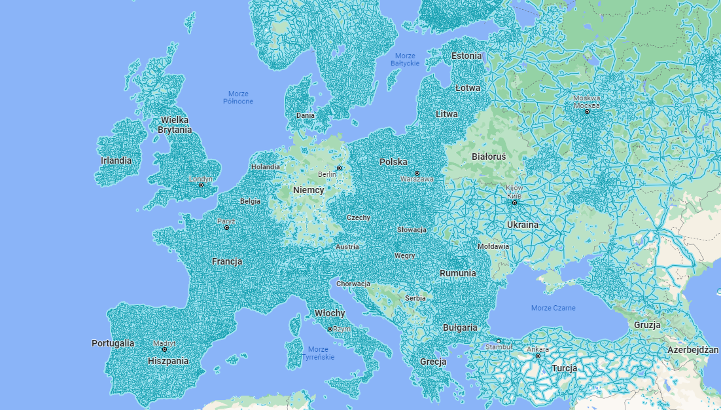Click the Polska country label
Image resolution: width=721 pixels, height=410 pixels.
[393, 162]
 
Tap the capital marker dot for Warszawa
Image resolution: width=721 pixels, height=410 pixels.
[417, 173]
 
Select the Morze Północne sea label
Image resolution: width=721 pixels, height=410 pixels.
[238, 98]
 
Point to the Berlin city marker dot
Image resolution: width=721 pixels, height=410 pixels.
[339, 168]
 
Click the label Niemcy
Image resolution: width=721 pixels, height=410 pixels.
[308, 190]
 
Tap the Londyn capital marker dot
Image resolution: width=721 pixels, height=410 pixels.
[201, 185]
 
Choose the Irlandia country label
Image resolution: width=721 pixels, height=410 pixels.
[116, 160]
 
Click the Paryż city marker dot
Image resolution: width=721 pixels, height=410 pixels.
[226, 227]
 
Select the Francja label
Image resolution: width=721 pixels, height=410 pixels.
[227, 261]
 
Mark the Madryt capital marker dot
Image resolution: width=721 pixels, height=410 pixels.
[164, 349]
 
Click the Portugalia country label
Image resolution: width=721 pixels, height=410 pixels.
[113, 343]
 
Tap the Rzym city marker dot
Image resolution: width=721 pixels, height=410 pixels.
[330, 329]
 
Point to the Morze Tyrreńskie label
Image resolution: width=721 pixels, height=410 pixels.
[318, 353]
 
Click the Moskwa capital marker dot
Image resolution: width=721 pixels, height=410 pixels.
[587, 111]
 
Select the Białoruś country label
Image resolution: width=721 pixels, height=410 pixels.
[489, 157]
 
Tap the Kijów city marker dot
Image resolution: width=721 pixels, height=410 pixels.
[514, 202]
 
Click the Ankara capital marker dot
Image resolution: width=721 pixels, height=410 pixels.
[538, 356]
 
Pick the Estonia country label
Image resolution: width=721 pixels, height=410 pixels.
[466, 56]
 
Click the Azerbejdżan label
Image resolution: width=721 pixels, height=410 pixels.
[694, 350]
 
